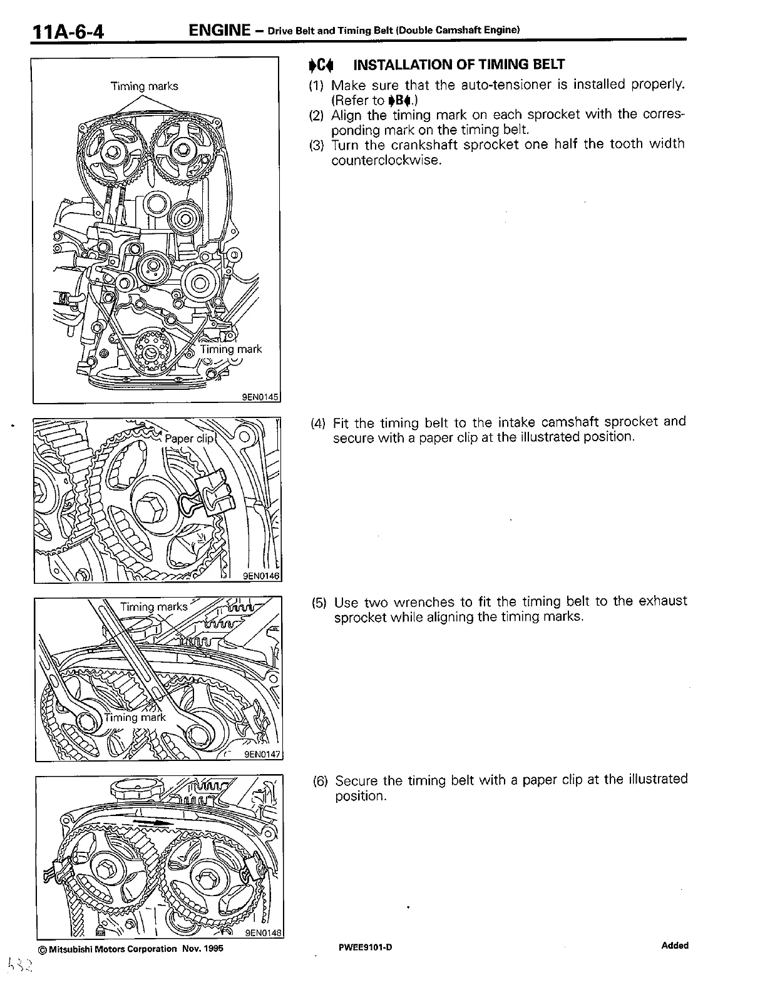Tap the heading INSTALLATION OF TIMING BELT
pos(459,64)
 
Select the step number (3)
pos(317,145)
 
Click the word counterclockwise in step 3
pos(387,160)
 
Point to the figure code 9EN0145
pos(260,395)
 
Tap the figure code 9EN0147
pos(262,754)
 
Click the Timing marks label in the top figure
pos(145,86)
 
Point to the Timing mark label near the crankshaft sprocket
pos(230,349)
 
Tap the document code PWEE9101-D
pos(366,947)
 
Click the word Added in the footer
pos(674,946)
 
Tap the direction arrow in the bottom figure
pos(153,822)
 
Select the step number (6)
pos(321,781)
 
